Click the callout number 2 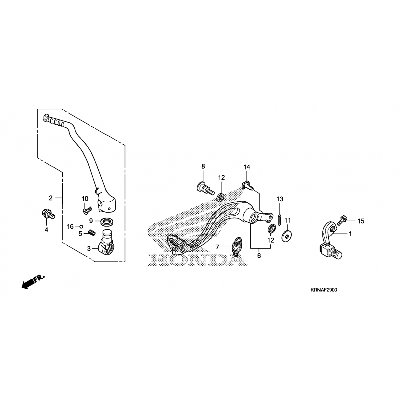pos(51,198)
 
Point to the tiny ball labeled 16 pos(81,227)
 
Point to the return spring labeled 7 pos(235,247)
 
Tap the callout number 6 pos(259,256)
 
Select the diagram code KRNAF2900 pos(323,290)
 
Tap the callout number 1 pos(350,234)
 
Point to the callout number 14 pos(247,167)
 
